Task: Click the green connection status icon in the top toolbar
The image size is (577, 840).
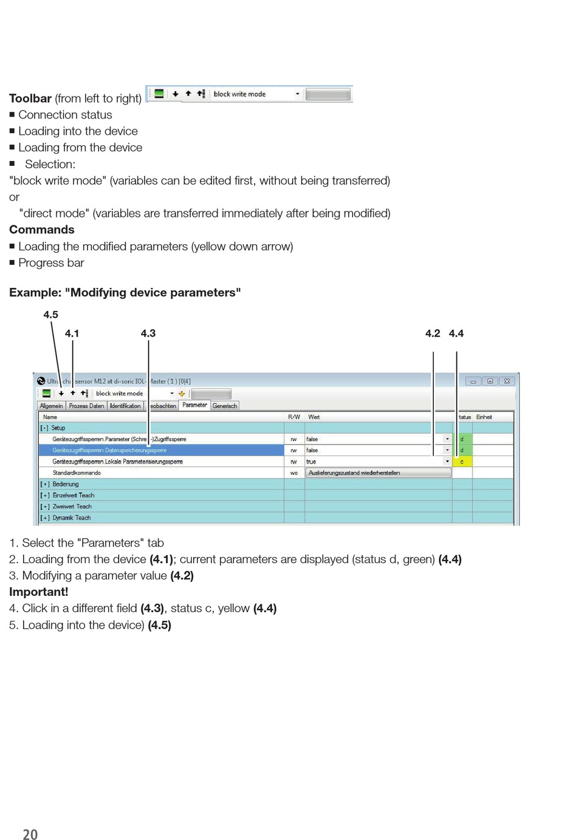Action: point(159,94)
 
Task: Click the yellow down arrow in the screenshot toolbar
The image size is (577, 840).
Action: point(182,394)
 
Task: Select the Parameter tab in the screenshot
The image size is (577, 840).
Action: point(194,405)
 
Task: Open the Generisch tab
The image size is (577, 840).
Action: point(225,406)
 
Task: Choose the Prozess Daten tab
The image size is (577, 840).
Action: point(86,406)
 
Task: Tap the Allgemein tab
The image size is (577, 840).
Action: point(52,406)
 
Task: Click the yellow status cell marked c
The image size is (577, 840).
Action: point(462,462)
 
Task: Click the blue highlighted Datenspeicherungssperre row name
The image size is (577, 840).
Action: point(109,451)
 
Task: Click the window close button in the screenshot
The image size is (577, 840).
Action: point(507,381)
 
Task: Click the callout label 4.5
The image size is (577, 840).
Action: point(50,315)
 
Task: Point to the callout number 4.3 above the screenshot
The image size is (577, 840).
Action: point(148,333)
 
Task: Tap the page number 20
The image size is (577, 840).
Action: point(30,835)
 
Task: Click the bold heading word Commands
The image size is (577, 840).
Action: point(42,230)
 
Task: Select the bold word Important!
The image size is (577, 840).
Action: point(39,592)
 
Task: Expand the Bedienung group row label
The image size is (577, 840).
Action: point(65,484)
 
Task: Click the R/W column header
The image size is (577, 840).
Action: point(294,417)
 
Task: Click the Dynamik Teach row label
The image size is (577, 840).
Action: point(72,518)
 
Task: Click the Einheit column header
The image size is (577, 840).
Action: point(484,417)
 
